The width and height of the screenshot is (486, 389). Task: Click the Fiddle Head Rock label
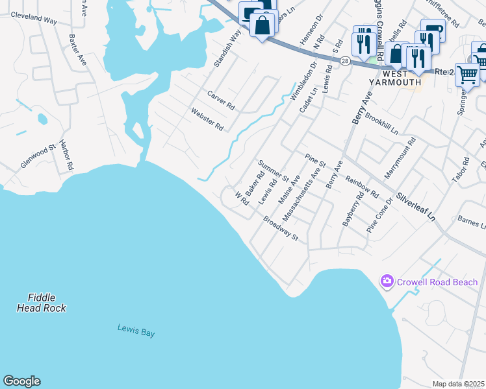(41, 302)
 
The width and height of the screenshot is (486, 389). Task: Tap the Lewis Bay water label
(136, 330)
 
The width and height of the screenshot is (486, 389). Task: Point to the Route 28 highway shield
(344, 60)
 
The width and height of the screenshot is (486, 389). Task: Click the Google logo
(21, 381)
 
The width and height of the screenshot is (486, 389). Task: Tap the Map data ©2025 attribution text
(458, 384)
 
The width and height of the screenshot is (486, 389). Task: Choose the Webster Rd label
(207, 119)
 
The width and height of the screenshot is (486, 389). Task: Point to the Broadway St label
(280, 229)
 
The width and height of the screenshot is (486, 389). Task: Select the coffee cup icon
(432, 30)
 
